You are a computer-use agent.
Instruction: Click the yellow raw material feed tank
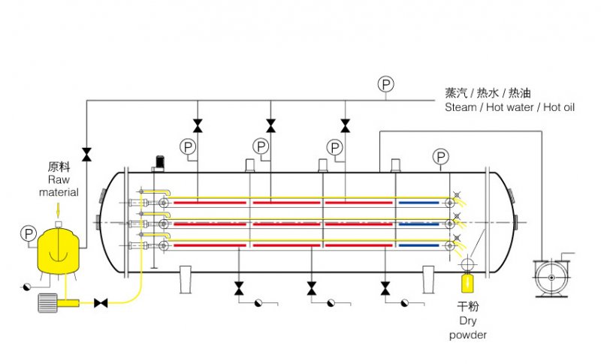point(59,249)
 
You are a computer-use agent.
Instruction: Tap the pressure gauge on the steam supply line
point(385,84)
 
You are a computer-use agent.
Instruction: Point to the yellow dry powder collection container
point(467,284)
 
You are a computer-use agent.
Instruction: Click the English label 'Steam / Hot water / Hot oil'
point(509,107)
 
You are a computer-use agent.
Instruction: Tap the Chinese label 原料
point(59,167)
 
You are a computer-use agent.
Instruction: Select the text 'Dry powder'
point(468,328)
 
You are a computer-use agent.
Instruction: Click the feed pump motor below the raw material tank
point(48,302)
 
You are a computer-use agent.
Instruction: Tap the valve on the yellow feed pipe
point(100,302)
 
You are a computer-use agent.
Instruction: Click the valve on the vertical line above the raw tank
point(86,154)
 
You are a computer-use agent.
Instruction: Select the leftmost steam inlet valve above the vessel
point(197,125)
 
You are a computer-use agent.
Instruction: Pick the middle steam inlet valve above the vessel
point(270,125)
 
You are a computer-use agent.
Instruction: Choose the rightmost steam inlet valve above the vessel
point(345,125)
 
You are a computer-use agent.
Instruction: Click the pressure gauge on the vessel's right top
point(441,156)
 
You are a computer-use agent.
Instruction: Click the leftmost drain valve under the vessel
point(238,287)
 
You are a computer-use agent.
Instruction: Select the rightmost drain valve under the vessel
point(385,287)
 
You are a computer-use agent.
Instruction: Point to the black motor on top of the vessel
point(159,161)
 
